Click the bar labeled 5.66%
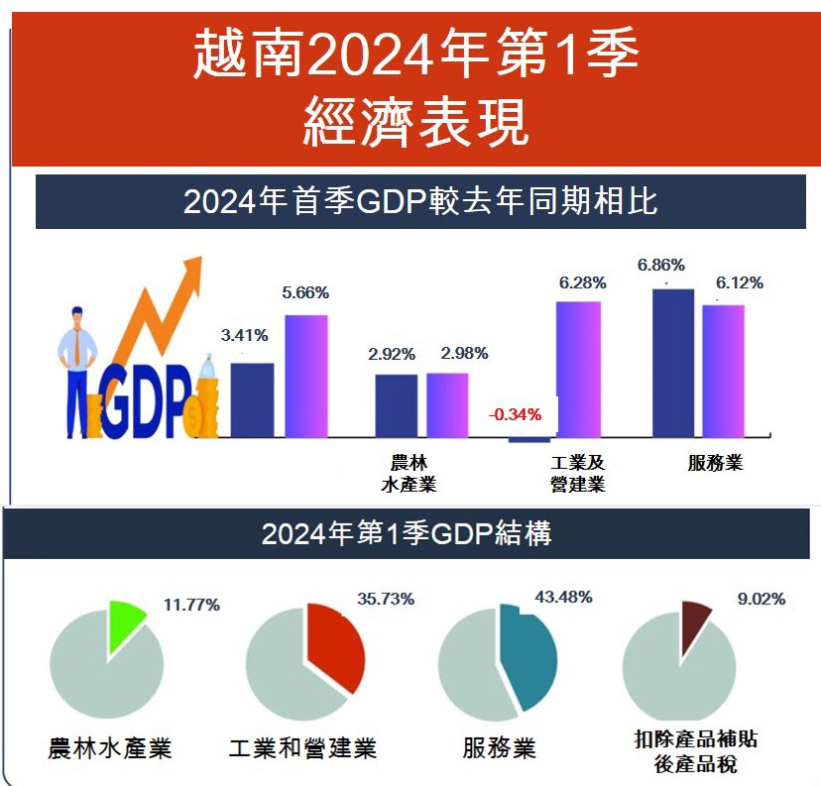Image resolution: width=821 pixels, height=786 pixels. [306, 376]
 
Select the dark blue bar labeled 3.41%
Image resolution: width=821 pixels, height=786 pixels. [252, 399]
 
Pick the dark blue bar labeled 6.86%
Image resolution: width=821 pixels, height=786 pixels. [672, 362]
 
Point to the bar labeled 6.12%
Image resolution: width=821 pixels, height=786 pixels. [723, 371]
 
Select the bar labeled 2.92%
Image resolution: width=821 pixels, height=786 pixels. [396, 405]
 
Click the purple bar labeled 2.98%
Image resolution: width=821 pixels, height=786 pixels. [447, 404]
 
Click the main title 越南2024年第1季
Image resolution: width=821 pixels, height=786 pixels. [415, 56]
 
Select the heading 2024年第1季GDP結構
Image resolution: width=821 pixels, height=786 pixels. [407, 534]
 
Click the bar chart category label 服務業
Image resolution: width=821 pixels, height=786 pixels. [715, 463]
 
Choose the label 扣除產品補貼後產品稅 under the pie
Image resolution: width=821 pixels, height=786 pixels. [696, 750]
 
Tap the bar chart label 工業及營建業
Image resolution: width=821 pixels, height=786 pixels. [578, 473]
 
